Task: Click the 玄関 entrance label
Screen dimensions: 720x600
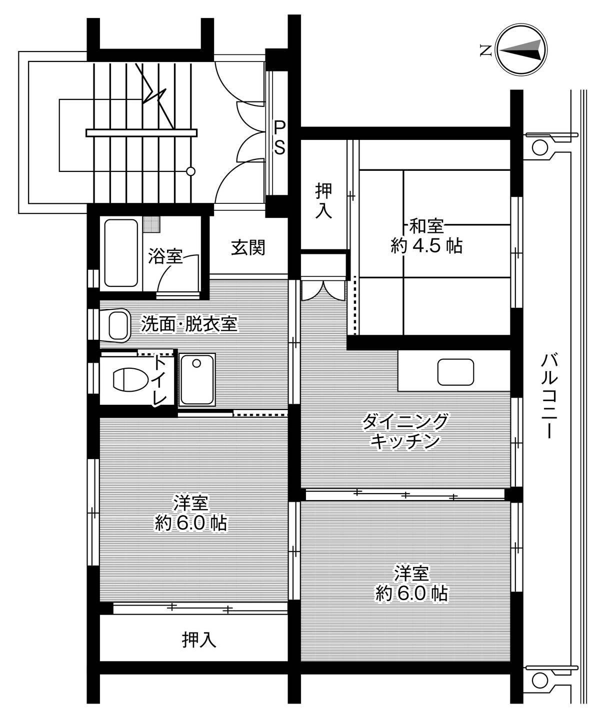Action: tap(247, 248)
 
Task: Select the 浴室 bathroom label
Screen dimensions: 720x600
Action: tap(165, 257)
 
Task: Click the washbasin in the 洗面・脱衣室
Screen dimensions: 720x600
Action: tap(117, 325)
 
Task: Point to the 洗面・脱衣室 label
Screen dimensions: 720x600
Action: tap(188, 325)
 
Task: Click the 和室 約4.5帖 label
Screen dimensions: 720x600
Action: tap(426, 236)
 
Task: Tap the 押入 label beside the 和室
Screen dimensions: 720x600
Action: tap(323, 200)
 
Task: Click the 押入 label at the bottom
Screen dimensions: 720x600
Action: tap(199, 639)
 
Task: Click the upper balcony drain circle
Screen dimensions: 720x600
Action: tap(539, 147)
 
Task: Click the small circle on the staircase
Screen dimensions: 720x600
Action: tap(190, 171)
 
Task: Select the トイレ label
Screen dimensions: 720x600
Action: tap(160, 380)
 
